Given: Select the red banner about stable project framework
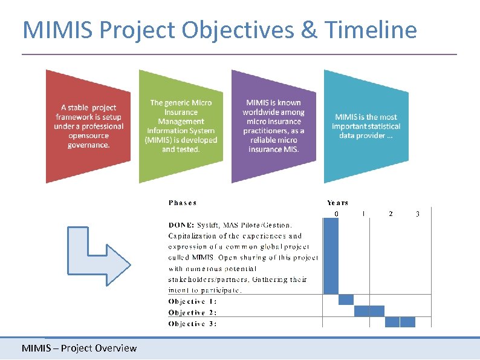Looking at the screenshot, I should point(88,126).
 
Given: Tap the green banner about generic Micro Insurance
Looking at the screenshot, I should point(181,126).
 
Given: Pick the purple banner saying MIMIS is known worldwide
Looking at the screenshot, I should point(273,126).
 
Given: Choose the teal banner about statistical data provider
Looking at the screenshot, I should point(366,126).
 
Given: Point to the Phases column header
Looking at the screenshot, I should point(182,203).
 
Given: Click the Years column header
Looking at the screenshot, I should point(337,203).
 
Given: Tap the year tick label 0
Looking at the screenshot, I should point(336,214).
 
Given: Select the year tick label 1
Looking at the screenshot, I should point(363,214).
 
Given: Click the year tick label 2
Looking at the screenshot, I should point(391,214).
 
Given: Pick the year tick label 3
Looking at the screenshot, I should point(418,214).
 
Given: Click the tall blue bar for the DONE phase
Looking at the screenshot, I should point(331,256).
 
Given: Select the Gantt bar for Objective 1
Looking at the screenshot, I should point(346,300).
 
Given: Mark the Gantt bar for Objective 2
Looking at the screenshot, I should point(369,311).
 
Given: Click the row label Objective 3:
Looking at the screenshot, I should point(192,323).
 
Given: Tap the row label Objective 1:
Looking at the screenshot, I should point(192,301).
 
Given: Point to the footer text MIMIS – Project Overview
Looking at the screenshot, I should point(79,348).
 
